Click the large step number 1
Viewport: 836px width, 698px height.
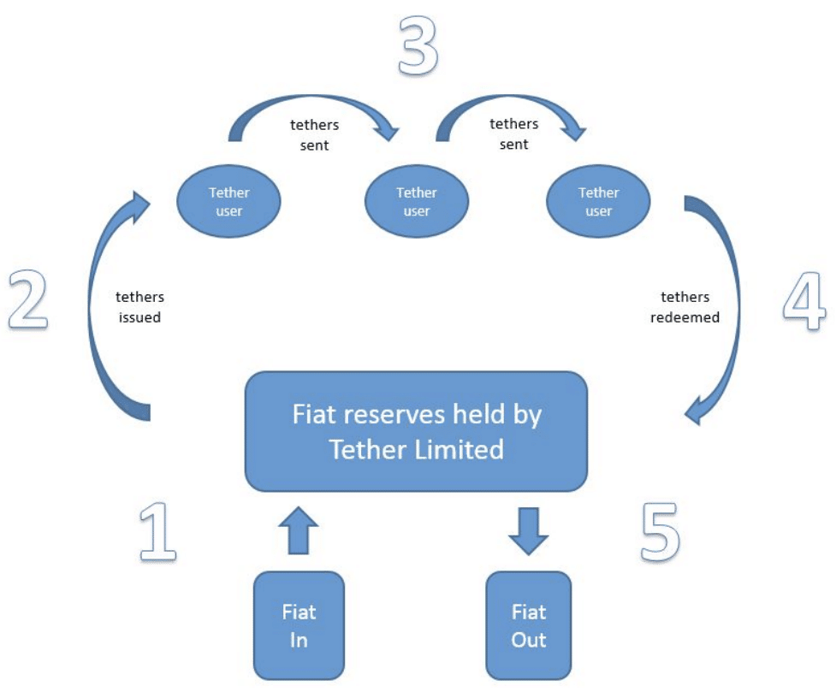pos(158,531)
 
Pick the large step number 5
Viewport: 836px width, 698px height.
pos(660,531)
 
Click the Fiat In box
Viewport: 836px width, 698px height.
pos(299,625)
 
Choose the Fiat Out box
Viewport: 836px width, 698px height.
pos(528,625)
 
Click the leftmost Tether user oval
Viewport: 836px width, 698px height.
pos(228,202)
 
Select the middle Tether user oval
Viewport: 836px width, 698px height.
pos(417,202)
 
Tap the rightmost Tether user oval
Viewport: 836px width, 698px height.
pos(598,202)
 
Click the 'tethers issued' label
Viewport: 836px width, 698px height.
pos(139,307)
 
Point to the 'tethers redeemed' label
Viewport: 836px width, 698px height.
pos(685,307)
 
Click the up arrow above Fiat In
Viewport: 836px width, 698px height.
pos(298,529)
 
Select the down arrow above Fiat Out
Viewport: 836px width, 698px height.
pos(528,529)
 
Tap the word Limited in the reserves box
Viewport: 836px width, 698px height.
pos(460,448)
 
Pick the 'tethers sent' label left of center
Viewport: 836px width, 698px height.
pos(309,135)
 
